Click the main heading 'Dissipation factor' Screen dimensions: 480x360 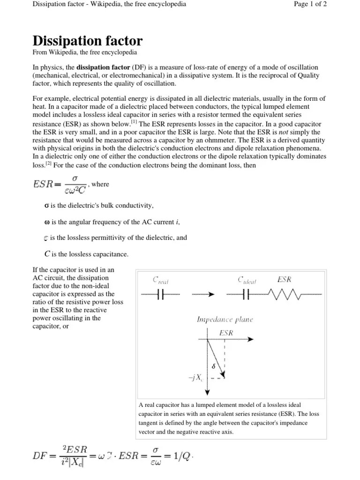click(87, 40)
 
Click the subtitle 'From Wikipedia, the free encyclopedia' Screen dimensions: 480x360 click(84, 52)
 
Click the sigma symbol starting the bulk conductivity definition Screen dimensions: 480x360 click(46, 206)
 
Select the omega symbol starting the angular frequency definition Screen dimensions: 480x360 click(46, 222)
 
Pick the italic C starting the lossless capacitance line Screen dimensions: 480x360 click(47, 254)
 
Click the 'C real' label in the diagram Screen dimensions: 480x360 click(161, 280)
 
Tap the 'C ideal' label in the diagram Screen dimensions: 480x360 click(247, 280)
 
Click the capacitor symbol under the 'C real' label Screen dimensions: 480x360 click(160, 294)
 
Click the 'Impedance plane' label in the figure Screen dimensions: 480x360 click(225, 320)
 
